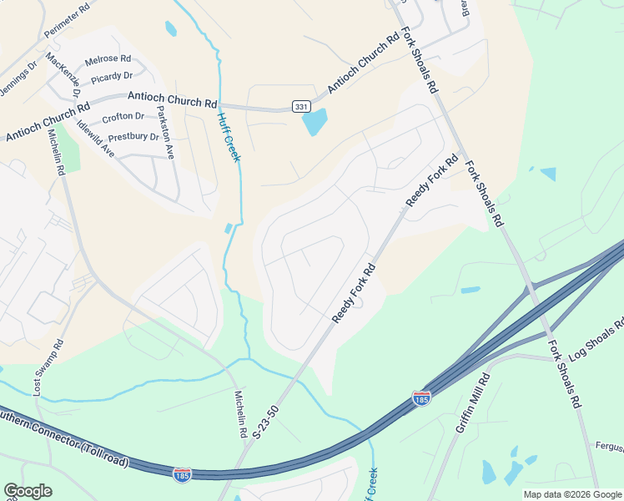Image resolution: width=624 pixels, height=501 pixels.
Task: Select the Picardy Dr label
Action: point(112,77)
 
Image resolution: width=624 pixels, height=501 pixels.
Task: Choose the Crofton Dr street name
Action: point(123,118)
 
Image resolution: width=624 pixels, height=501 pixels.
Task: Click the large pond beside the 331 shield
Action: point(315,122)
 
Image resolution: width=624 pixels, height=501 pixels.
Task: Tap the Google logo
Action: point(28,490)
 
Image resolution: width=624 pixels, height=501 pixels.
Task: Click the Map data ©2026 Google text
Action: point(571,494)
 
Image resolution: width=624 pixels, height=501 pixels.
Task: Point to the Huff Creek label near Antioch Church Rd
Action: point(229,138)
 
